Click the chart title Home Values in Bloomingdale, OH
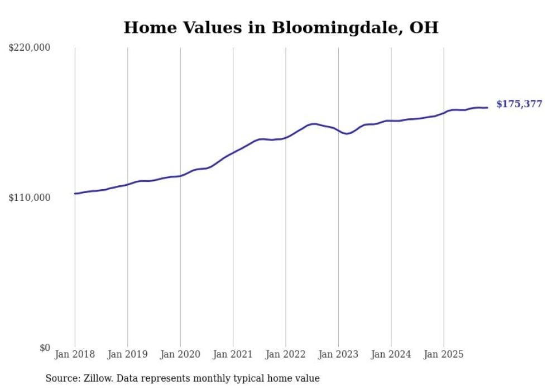pyautogui.click(x=281, y=27)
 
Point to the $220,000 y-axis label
pyautogui.click(x=30, y=48)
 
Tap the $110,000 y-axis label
pyautogui.click(x=30, y=198)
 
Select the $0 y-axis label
pyautogui.click(x=45, y=348)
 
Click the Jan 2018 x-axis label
pyautogui.click(x=75, y=354)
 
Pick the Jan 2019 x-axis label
pyautogui.click(x=127, y=354)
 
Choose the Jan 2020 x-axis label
pyautogui.click(x=180, y=354)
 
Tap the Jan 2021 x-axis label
pyautogui.click(x=233, y=354)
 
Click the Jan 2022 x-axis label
pyautogui.click(x=286, y=354)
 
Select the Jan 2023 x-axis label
pyautogui.click(x=338, y=354)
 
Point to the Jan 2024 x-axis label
pyautogui.click(x=391, y=354)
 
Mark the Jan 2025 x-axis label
pyautogui.click(x=444, y=354)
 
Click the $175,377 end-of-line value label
pyautogui.click(x=519, y=104)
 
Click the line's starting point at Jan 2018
pyautogui.click(x=75, y=194)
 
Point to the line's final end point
pyautogui.click(x=487, y=108)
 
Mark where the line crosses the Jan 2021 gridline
pyautogui.click(x=233, y=152)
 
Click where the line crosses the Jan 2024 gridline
pyautogui.click(x=391, y=121)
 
